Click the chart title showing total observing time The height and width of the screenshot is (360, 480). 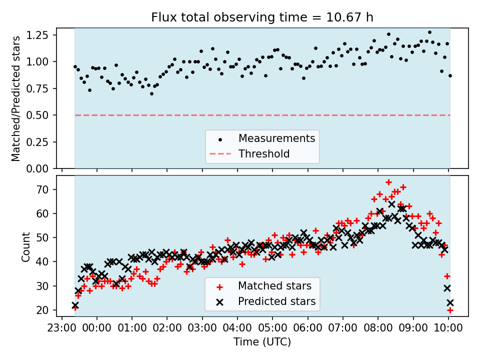pos(262,17)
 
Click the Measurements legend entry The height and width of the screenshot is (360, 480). pos(276,138)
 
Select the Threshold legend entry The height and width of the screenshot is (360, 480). pos(264,153)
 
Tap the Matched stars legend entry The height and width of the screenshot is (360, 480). pos(274,286)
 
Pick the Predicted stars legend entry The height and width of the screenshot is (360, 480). pos(276,301)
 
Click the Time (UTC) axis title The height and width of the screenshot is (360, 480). pos(262,342)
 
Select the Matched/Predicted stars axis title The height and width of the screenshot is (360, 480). pos(16,98)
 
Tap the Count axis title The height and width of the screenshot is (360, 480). pos(25,246)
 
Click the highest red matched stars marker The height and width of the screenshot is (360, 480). pos(388,182)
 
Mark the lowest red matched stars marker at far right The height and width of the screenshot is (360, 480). pos(450,310)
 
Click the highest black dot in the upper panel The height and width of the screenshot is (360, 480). pos(429,32)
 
